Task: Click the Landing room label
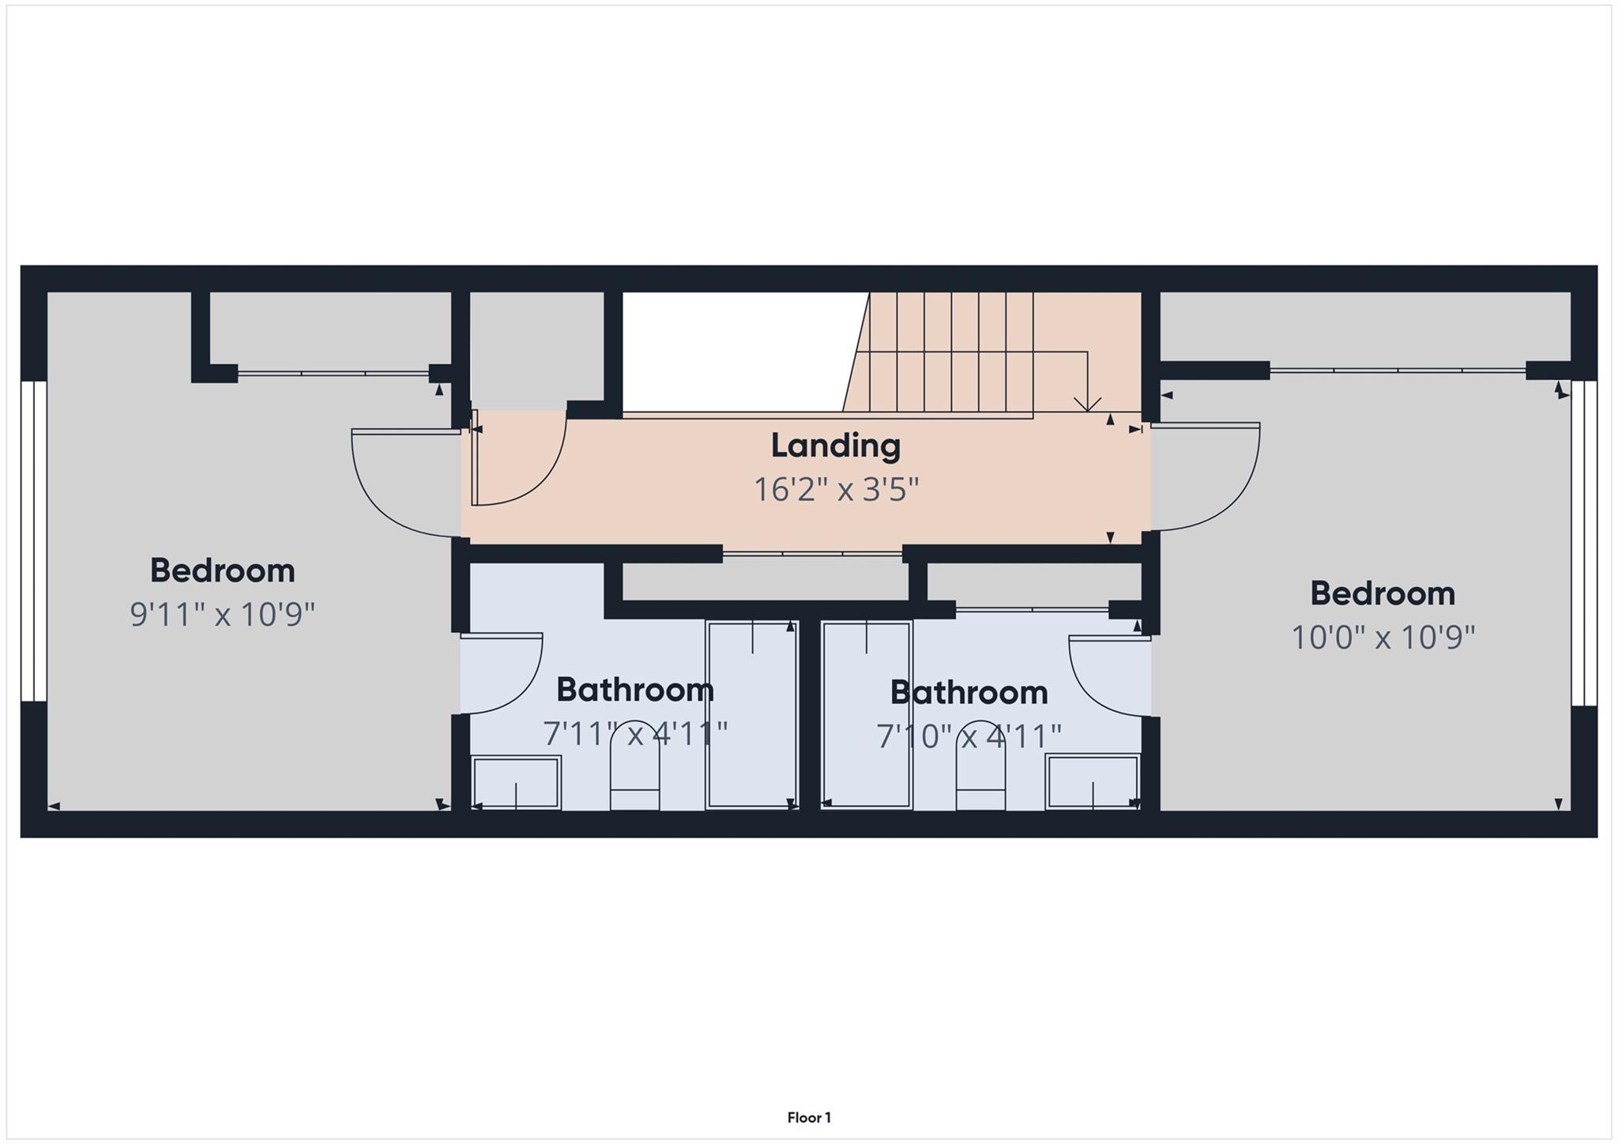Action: click(x=835, y=446)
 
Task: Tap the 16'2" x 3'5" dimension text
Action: click(x=835, y=490)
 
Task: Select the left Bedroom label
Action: click(x=222, y=570)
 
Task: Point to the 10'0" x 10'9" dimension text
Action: click(x=1383, y=637)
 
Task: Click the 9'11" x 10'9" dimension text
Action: click(x=222, y=614)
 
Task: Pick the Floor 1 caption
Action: click(x=809, y=1117)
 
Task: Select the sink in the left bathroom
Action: click(x=516, y=782)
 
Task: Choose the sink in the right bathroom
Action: click(x=1093, y=781)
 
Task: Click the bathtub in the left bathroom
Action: click(x=751, y=715)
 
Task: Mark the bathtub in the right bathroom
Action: click(x=867, y=715)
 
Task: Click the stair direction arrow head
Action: click(x=1088, y=405)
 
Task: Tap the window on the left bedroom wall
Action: click(x=34, y=541)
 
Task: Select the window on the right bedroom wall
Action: click(x=1583, y=544)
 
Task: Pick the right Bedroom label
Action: click(x=1383, y=594)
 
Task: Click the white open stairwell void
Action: click(x=731, y=352)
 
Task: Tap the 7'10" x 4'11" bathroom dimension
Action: click(x=969, y=737)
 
